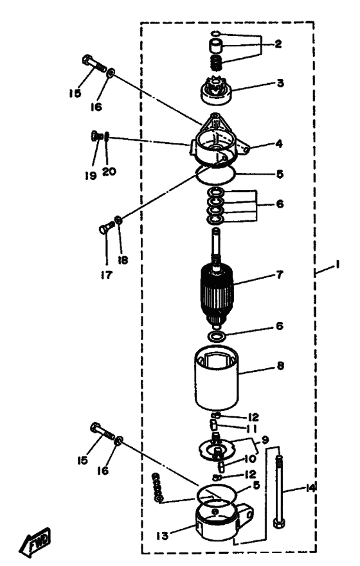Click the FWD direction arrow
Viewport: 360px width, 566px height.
pyautogui.click(x=35, y=542)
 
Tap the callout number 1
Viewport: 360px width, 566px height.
pyautogui.click(x=337, y=265)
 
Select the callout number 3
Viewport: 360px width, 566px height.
pyautogui.click(x=280, y=83)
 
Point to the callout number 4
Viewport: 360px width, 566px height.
pyautogui.click(x=278, y=144)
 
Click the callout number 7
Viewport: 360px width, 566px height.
pyautogui.click(x=280, y=274)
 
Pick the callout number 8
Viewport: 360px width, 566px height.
pyautogui.click(x=280, y=366)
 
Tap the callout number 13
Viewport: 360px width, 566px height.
pyautogui.click(x=163, y=536)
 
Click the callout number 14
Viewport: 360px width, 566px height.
pyautogui.click(x=310, y=488)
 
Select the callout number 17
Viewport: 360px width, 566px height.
pyautogui.click(x=107, y=275)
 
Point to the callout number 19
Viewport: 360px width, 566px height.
pyautogui.click(x=91, y=175)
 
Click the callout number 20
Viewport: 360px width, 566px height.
pyautogui.click(x=109, y=171)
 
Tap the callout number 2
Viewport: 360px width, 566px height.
pyautogui.click(x=278, y=44)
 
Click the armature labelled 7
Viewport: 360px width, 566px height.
pyautogui.click(x=217, y=288)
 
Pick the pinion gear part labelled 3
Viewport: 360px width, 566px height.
pyautogui.click(x=216, y=91)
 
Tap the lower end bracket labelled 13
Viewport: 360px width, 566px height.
pyautogui.click(x=223, y=522)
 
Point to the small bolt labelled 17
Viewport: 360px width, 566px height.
pyautogui.click(x=106, y=227)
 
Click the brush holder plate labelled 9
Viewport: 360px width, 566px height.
pyautogui.click(x=217, y=448)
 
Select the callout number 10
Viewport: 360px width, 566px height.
pyautogui.click(x=250, y=459)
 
